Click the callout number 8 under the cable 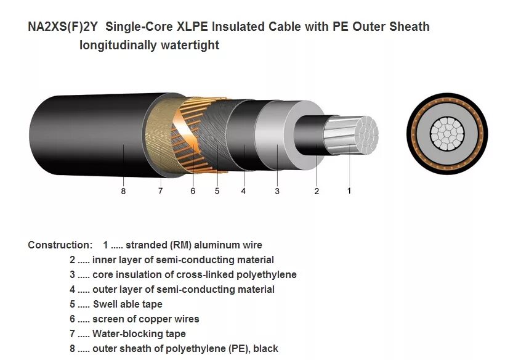[x=123, y=191]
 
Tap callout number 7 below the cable [x=160, y=191]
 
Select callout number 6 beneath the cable [x=193, y=191]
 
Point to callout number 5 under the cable [x=217, y=191]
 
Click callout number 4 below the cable [x=243, y=191]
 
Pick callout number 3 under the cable [x=277, y=191]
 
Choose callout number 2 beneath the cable [x=317, y=191]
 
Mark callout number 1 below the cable [x=349, y=190]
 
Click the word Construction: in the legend [x=60, y=245]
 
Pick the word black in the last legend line [x=265, y=348]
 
